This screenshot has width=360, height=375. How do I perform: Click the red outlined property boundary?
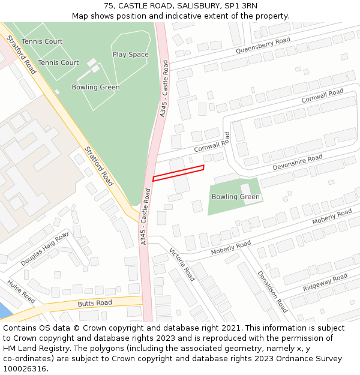(x=178, y=172)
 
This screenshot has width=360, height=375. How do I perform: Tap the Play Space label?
(x=130, y=55)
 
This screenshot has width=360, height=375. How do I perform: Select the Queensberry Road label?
(x=263, y=46)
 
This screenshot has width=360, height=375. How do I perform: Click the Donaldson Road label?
(x=272, y=291)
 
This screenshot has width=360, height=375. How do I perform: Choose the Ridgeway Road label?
(x=325, y=283)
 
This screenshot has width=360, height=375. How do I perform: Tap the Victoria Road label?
(x=182, y=265)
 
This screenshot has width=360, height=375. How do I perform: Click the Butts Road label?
(x=95, y=304)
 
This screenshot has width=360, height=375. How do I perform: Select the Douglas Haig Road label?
(x=45, y=249)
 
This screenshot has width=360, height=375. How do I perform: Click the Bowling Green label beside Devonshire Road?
(x=236, y=197)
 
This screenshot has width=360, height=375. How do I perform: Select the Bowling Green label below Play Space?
(x=95, y=87)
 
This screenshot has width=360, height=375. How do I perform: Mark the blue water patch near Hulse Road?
(x=3, y=310)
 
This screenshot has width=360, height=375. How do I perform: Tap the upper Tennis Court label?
(x=42, y=41)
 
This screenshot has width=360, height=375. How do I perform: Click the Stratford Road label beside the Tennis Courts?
(x=21, y=55)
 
